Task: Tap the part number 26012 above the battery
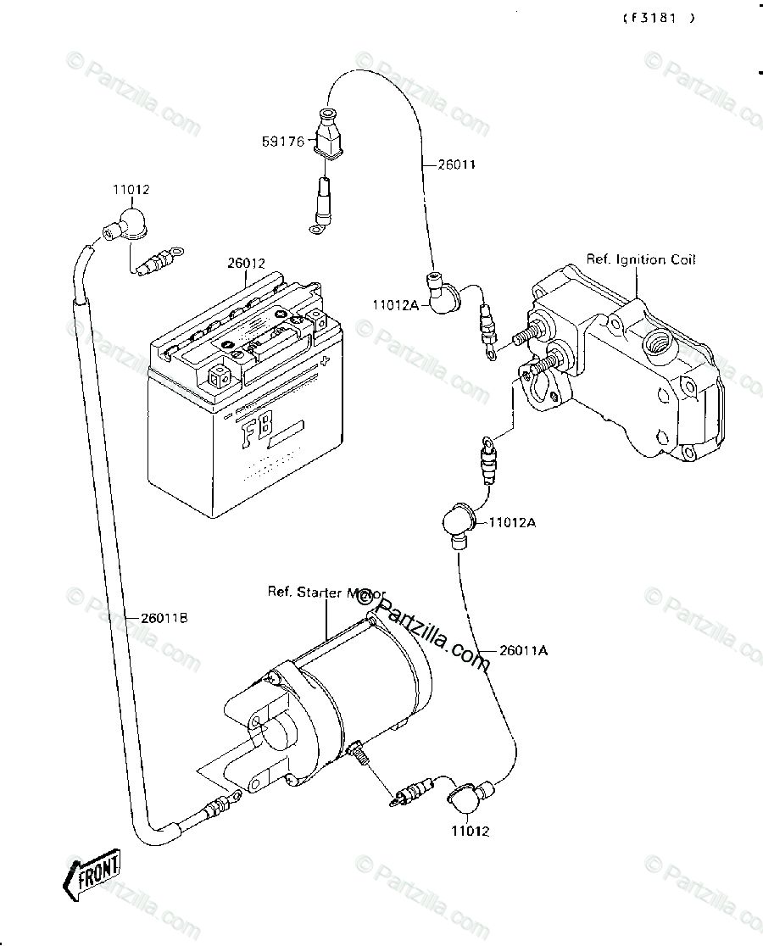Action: pos(246,264)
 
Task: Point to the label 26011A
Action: pos(523,651)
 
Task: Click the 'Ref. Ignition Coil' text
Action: pos(641,259)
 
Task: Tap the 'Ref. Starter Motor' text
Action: pos(326,593)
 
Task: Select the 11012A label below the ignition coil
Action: pos(511,523)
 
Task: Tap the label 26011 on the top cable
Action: pos(456,164)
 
